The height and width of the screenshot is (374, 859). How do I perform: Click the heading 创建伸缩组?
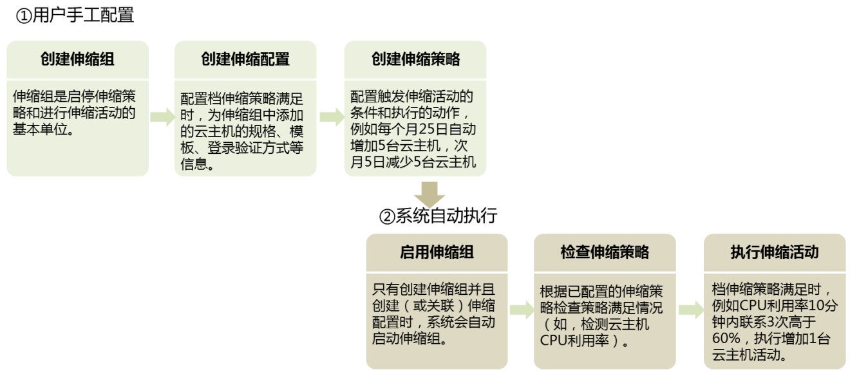[x=77, y=59]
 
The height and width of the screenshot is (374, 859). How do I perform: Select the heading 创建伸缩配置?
[x=245, y=59]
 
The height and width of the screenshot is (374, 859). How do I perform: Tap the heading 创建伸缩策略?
[x=415, y=59]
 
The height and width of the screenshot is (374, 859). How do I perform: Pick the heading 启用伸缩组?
[x=437, y=252]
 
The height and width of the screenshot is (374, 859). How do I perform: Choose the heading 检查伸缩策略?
[x=605, y=252]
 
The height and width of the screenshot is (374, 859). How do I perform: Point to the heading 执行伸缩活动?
[x=775, y=252]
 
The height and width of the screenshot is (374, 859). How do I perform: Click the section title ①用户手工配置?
[x=75, y=15]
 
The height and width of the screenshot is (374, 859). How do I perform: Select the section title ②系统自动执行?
[x=439, y=216]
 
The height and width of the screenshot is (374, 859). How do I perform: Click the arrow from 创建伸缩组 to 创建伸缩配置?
[x=162, y=117]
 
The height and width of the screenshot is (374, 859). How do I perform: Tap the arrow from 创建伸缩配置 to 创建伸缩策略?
[x=331, y=117]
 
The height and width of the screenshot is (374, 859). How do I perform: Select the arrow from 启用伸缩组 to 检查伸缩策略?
[x=522, y=310]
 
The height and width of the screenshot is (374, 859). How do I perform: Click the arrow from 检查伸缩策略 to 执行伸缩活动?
[x=690, y=310]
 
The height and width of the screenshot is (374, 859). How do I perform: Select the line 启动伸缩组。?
[x=409, y=338]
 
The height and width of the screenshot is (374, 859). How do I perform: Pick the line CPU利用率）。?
[x=585, y=340]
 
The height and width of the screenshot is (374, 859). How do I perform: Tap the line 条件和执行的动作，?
[x=413, y=113]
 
